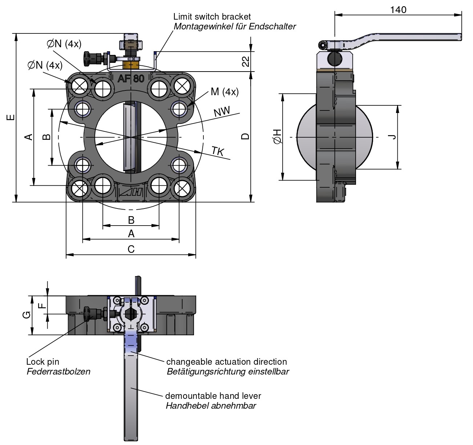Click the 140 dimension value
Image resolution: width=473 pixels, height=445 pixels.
[x=398, y=10]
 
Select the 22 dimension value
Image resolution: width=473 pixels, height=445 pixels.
[x=246, y=61]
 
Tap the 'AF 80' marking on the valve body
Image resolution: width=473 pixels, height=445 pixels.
[x=131, y=78]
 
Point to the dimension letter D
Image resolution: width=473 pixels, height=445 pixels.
[x=246, y=136]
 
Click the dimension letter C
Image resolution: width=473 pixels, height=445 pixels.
[x=131, y=249]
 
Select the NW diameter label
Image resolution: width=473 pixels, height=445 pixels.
[x=222, y=112]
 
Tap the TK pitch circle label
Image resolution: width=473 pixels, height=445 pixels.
[x=218, y=151]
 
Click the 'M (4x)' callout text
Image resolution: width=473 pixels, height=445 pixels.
[x=225, y=92]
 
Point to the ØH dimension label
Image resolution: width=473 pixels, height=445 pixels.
[x=277, y=137]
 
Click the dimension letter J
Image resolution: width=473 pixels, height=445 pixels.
[x=392, y=137]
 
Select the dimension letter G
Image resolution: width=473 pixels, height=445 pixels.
[x=27, y=315]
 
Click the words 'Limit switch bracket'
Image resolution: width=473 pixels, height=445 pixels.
[x=212, y=17]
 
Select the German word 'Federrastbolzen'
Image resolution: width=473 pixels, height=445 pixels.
[x=58, y=372]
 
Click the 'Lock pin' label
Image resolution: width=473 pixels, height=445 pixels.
[x=43, y=362]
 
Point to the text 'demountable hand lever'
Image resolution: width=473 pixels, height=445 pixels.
[x=213, y=396]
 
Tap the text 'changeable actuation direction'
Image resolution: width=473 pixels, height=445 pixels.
[x=226, y=362]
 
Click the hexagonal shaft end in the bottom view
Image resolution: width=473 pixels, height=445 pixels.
[x=131, y=315]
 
